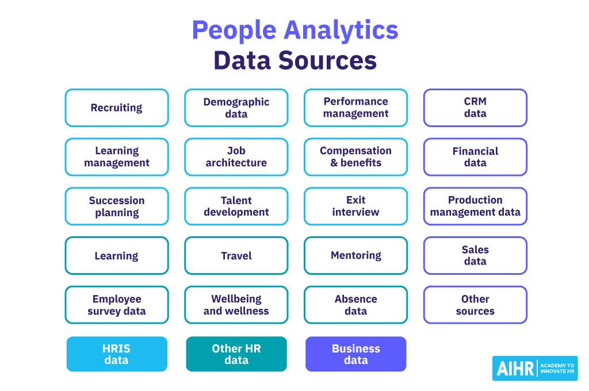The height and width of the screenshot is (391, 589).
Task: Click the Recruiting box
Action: coord(117,108)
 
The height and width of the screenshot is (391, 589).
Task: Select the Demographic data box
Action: coord(236,108)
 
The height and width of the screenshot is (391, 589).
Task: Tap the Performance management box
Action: coord(355,108)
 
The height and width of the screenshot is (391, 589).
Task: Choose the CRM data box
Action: coord(475,108)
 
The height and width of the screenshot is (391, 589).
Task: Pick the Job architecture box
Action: coord(236,157)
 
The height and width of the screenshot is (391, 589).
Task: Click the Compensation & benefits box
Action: coord(355,157)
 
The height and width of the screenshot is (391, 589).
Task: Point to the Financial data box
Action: coord(475,157)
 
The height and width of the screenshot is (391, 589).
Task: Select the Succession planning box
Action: coord(117,206)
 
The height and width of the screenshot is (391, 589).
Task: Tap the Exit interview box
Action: coord(355,206)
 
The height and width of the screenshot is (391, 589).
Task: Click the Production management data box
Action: coord(475,206)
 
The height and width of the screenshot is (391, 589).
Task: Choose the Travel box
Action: coord(236,256)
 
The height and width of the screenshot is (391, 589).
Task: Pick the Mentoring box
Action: coord(355,256)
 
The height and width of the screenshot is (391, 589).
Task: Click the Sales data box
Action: coord(475,256)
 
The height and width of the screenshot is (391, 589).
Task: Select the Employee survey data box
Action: coord(117,305)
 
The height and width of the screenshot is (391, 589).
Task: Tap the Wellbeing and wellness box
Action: coord(236,305)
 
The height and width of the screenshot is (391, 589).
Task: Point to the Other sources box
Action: coord(475,305)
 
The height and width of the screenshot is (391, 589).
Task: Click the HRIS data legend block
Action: coord(117,354)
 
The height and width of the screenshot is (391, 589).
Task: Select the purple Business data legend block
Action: coord(355,354)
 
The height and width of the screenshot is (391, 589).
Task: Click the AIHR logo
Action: coord(535,369)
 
